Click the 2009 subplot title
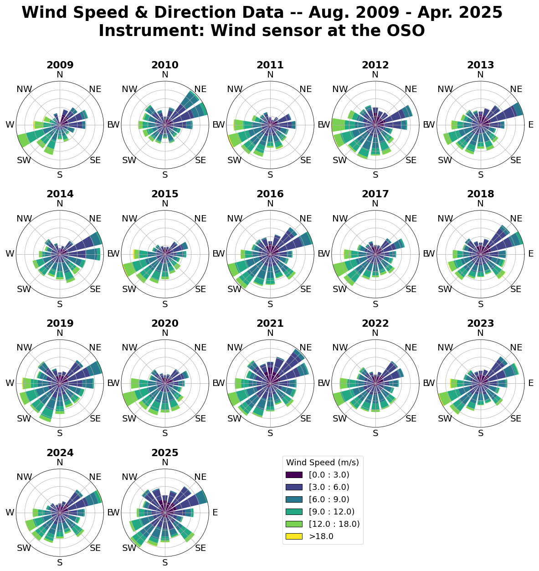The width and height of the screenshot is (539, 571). tap(60, 65)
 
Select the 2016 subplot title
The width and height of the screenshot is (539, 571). tap(270, 194)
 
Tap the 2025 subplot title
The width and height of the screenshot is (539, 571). tap(165, 453)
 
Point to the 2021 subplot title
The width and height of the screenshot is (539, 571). tap(270, 324)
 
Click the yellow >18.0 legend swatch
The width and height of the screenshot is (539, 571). tap(294, 536)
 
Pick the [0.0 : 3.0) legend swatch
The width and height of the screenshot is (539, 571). tap(294, 475)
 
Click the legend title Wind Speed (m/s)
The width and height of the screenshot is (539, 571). tap(323, 463)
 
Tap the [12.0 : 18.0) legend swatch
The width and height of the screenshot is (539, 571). tap(294, 524)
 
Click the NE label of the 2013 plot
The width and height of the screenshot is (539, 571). tap(516, 89)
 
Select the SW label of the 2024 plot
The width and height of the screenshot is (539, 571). tap(24, 548)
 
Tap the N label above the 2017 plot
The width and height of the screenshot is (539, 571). tap(375, 204)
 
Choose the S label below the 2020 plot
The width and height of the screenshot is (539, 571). tap(165, 433)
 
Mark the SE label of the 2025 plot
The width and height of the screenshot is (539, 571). tap(200, 548)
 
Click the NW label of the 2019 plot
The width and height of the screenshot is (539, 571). tap(24, 348)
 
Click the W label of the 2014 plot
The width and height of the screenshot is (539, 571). tap(10, 254)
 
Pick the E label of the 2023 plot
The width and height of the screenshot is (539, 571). tap(531, 383)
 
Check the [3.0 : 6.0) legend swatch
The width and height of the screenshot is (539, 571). tap(294, 487)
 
